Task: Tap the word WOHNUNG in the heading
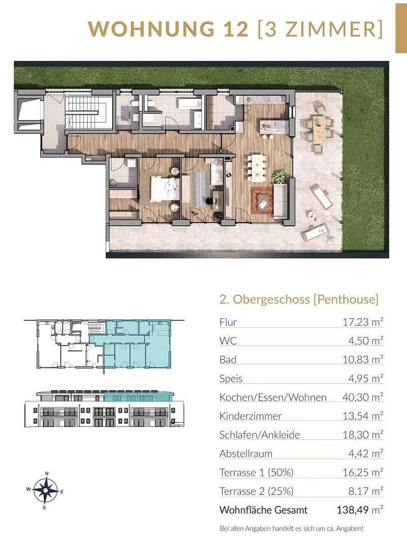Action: (x=150, y=28)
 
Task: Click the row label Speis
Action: (x=231, y=378)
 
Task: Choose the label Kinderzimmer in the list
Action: (x=250, y=416)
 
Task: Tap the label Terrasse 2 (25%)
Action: (x=257, y=491)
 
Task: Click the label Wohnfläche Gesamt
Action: (x=263, y=510)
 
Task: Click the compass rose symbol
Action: (x=45, y=490)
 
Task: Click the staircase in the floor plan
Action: (x=86, y=113)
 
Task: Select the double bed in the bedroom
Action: (x=164, y=189)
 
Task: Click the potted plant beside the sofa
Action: (x=279, y=176)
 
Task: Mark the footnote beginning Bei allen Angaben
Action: (x=291, y=529)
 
